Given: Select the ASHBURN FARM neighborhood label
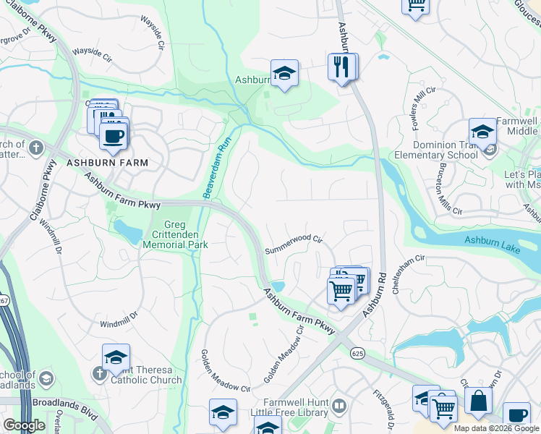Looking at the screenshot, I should pos(107,163).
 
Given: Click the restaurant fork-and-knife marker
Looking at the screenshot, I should pos(341,67).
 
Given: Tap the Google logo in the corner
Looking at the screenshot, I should pos(24,425).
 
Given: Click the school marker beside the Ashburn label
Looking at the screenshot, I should pos(284,73).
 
